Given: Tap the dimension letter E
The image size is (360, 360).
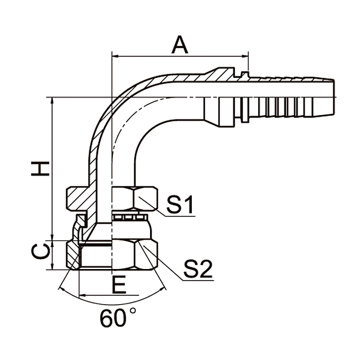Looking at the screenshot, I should [x=118, y=285].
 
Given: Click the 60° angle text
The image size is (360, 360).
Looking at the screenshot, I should [x=118, y=318].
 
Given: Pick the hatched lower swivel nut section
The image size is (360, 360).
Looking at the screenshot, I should [x=72, y=255].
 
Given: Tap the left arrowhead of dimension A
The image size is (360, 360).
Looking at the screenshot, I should [x=115, y=55].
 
